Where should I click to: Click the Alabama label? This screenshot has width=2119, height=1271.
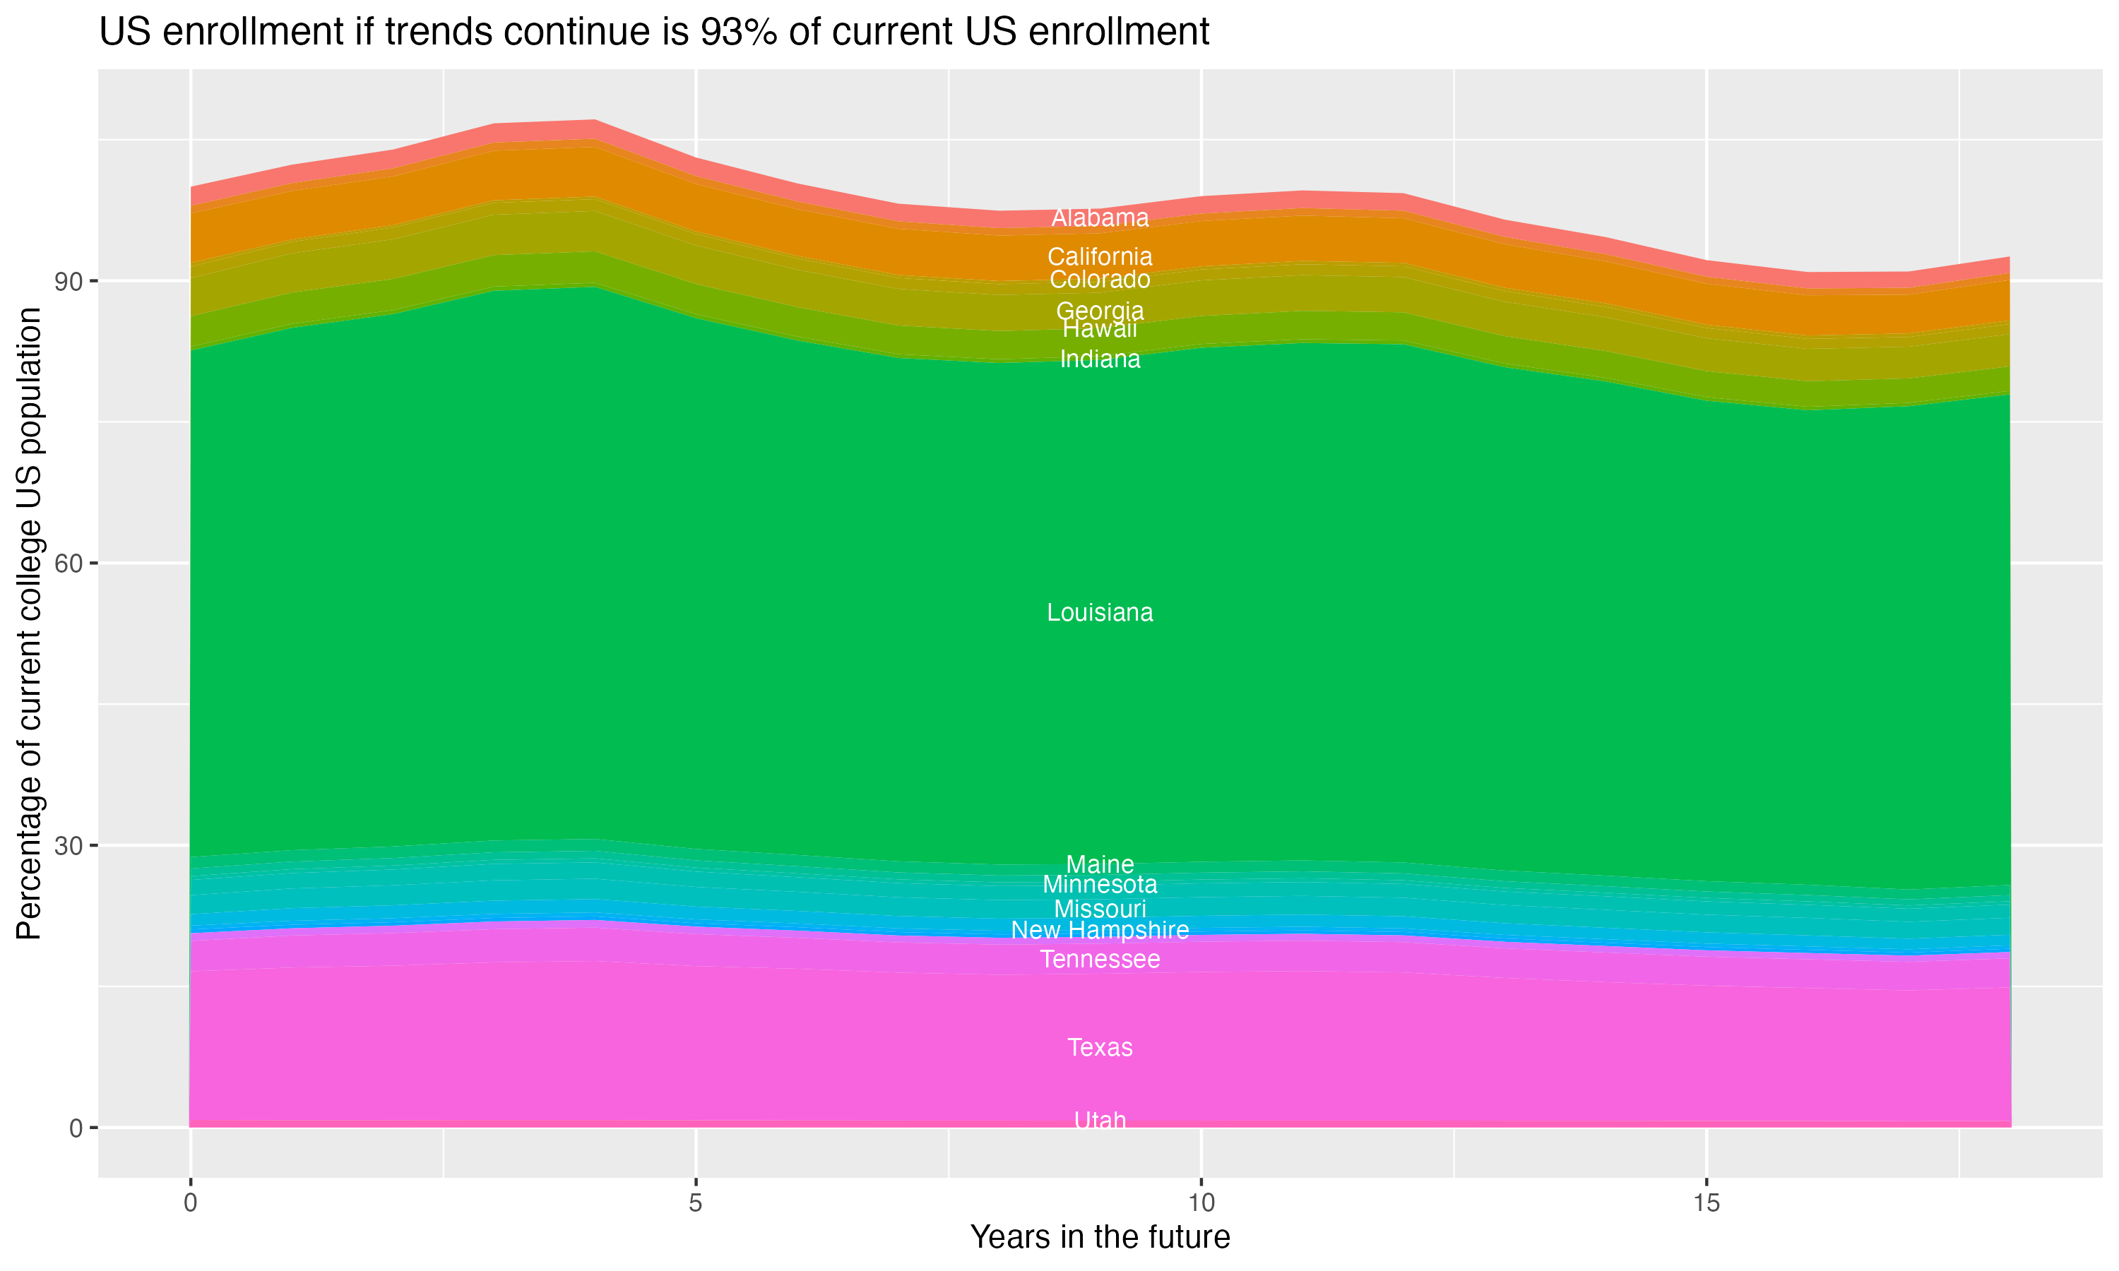(1100, 218)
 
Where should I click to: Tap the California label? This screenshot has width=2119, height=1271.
(1100, 257)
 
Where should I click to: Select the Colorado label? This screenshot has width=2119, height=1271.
(1100, 280)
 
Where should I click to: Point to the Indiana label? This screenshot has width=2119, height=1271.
(1100, 359)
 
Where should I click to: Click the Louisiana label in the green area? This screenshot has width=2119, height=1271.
(1100, 613)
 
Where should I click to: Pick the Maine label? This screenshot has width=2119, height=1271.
(1100, 864)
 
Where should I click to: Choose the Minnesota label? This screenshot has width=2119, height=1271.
(1100, 885)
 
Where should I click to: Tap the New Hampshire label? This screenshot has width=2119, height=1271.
(1100, 930)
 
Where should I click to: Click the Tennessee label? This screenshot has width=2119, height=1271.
(1100, 959)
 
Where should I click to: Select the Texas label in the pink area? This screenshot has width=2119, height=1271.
(1100, 1047)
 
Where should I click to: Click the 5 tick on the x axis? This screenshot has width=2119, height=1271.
(696, 1203)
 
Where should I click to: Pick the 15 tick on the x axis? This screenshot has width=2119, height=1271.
(1707, 1203)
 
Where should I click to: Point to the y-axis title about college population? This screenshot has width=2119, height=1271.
(29, 623)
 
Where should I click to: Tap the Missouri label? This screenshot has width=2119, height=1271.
(1100, 909)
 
